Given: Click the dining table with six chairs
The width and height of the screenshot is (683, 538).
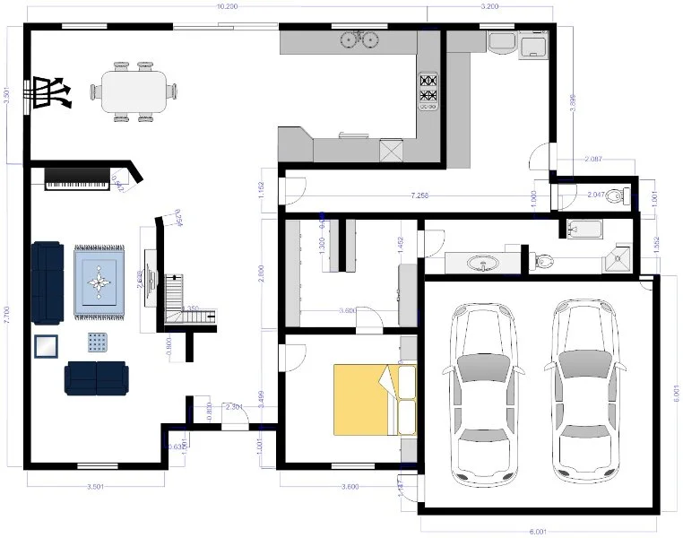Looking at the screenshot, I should click(134, 91).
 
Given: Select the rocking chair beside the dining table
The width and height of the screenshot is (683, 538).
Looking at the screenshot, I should click(52, 91).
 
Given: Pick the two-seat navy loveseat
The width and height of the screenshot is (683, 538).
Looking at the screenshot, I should click(96, 377).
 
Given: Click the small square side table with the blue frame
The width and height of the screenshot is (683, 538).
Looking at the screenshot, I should click(45, 345).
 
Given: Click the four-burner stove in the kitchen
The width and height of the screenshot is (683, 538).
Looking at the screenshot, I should click(428, 91).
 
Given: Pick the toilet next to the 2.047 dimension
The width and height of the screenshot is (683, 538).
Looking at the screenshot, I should click(616, 195).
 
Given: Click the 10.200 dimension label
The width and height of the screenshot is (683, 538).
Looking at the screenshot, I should click(227, 6).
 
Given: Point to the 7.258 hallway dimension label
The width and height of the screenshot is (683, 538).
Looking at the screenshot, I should click(420, 195).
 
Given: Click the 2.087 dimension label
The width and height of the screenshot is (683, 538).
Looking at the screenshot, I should click(592, 160).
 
